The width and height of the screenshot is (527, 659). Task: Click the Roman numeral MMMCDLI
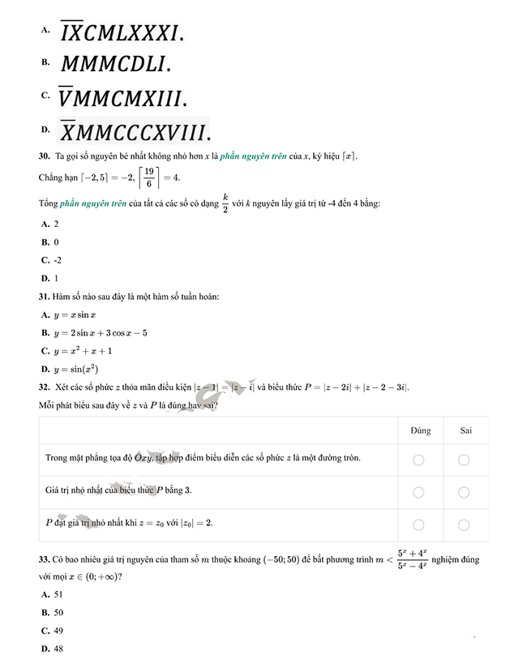point(115,64)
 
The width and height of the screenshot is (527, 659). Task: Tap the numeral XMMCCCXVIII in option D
point(135,131)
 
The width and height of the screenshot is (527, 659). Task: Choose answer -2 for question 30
point(57,260)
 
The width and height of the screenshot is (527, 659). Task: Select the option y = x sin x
point(75,315)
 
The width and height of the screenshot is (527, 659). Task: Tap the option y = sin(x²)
point(79,370)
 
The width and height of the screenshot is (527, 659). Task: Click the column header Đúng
point(420,430)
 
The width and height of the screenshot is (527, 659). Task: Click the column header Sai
point(465,430)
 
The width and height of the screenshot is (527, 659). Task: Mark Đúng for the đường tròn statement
point(419,460)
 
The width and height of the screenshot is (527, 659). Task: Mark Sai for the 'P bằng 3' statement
point(465,492)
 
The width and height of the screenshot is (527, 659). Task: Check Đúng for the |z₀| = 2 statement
point(419,524)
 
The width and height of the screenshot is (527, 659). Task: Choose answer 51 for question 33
point(58,595)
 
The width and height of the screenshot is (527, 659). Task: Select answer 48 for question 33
point(58,648)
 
